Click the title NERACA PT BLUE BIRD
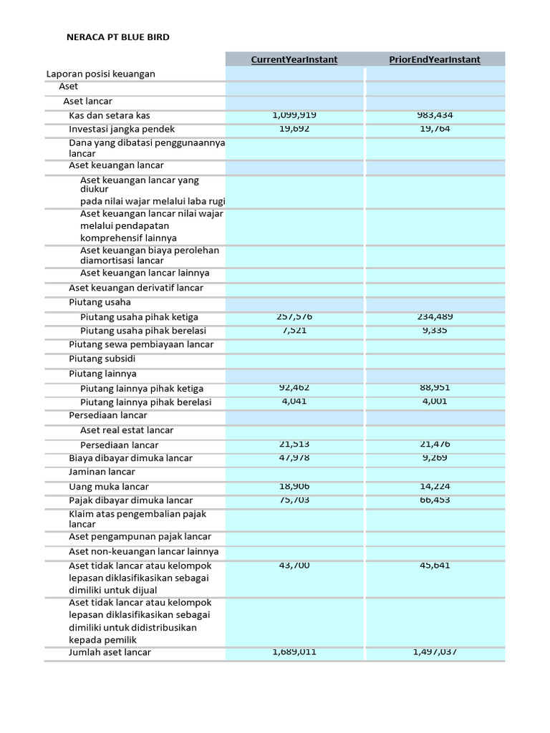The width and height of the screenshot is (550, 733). click(x=118, y=37)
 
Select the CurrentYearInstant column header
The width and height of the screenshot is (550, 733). click(x=294, y=59)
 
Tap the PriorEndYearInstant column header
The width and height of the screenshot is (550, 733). click(x=435, y=59)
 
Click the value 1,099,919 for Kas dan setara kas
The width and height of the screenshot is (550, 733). click(x=294, y=115)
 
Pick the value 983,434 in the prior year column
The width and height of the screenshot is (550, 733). click(x=435, y=115)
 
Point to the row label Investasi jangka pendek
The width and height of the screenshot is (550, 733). click(x=122, y=130)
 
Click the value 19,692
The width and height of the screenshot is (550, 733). click(x=294, y=130)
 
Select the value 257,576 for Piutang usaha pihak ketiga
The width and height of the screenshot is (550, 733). click(x=294, y=316)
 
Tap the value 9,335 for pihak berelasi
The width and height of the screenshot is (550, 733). click(x=435, y=331)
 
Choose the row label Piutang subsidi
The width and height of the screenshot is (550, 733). click(x=102, y=359)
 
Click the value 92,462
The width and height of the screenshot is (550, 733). click(x=294, y=388)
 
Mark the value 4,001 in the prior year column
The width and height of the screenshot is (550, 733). click(x=435, y=402)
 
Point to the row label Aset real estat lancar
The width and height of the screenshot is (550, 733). click(x=127, y=430)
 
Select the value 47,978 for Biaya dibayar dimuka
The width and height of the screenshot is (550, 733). click(x=294, y=458)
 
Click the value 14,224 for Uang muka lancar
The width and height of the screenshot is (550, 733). click(x=435, y=487)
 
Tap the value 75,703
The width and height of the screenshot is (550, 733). click(x=294, y=500)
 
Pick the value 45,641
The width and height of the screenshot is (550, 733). click(x=435, y=565)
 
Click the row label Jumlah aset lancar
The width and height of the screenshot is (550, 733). click(x=110, y=653)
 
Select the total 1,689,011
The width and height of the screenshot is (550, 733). click(x=294, y=652)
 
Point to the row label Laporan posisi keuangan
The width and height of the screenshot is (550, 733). click(x=101, y=74)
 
